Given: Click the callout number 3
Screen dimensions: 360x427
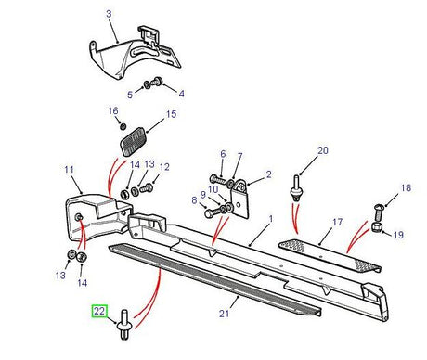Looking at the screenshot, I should [x=109, y=14].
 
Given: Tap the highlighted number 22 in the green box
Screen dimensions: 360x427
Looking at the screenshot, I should [x=98, y=313].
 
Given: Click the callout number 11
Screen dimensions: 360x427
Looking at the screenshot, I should [x=68, y=170].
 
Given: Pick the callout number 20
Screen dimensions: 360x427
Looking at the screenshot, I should [x=297, y=150].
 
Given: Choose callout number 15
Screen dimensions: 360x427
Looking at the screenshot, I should [x=170, y=116].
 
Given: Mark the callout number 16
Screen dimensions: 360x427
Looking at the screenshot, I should [x=112, y=111].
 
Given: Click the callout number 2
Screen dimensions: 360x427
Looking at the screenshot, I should [x=268, y=174].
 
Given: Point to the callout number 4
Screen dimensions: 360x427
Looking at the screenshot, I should [x=181, y=94].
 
